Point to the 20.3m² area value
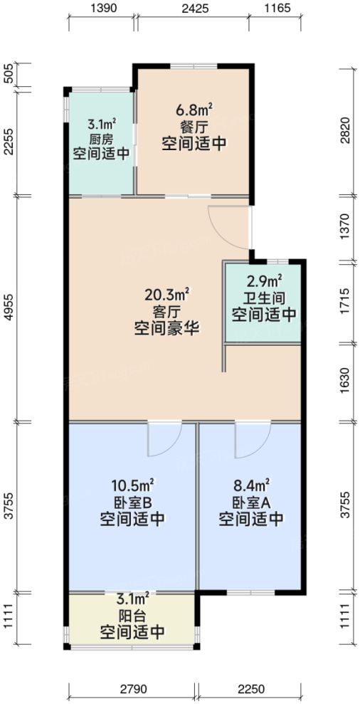[x=166, y=293]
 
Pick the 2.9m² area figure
[x=263, y=281]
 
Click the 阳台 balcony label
[x=132, y=615]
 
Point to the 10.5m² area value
[x=133, y=485]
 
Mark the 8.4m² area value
[x=251, y=485]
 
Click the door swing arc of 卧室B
[x=158, y=441]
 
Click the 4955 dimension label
[x=9, y=308]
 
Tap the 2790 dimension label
[x=132, y=689]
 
